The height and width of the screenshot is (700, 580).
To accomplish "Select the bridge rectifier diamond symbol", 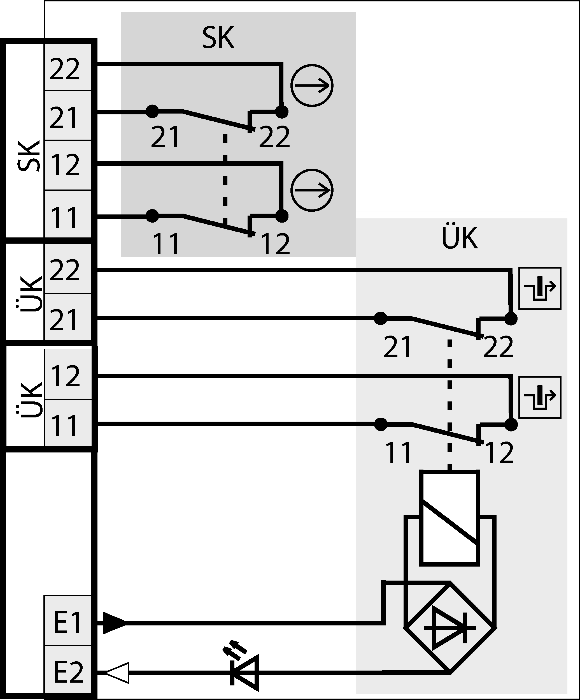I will click(450, 628).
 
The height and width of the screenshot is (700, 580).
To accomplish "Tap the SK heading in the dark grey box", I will click(218, 38).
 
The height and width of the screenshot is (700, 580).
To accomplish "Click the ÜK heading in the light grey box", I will click(460, 238).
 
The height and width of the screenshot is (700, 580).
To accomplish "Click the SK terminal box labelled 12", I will click(67, 165).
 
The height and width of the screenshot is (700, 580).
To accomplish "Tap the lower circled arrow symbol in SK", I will click(312, 190).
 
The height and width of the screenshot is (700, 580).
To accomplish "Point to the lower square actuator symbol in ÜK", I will click(540, 397).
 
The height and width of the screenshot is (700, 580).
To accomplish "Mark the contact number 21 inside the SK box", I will click(165, 137).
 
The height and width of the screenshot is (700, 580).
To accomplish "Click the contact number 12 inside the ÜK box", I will click(499, 453).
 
